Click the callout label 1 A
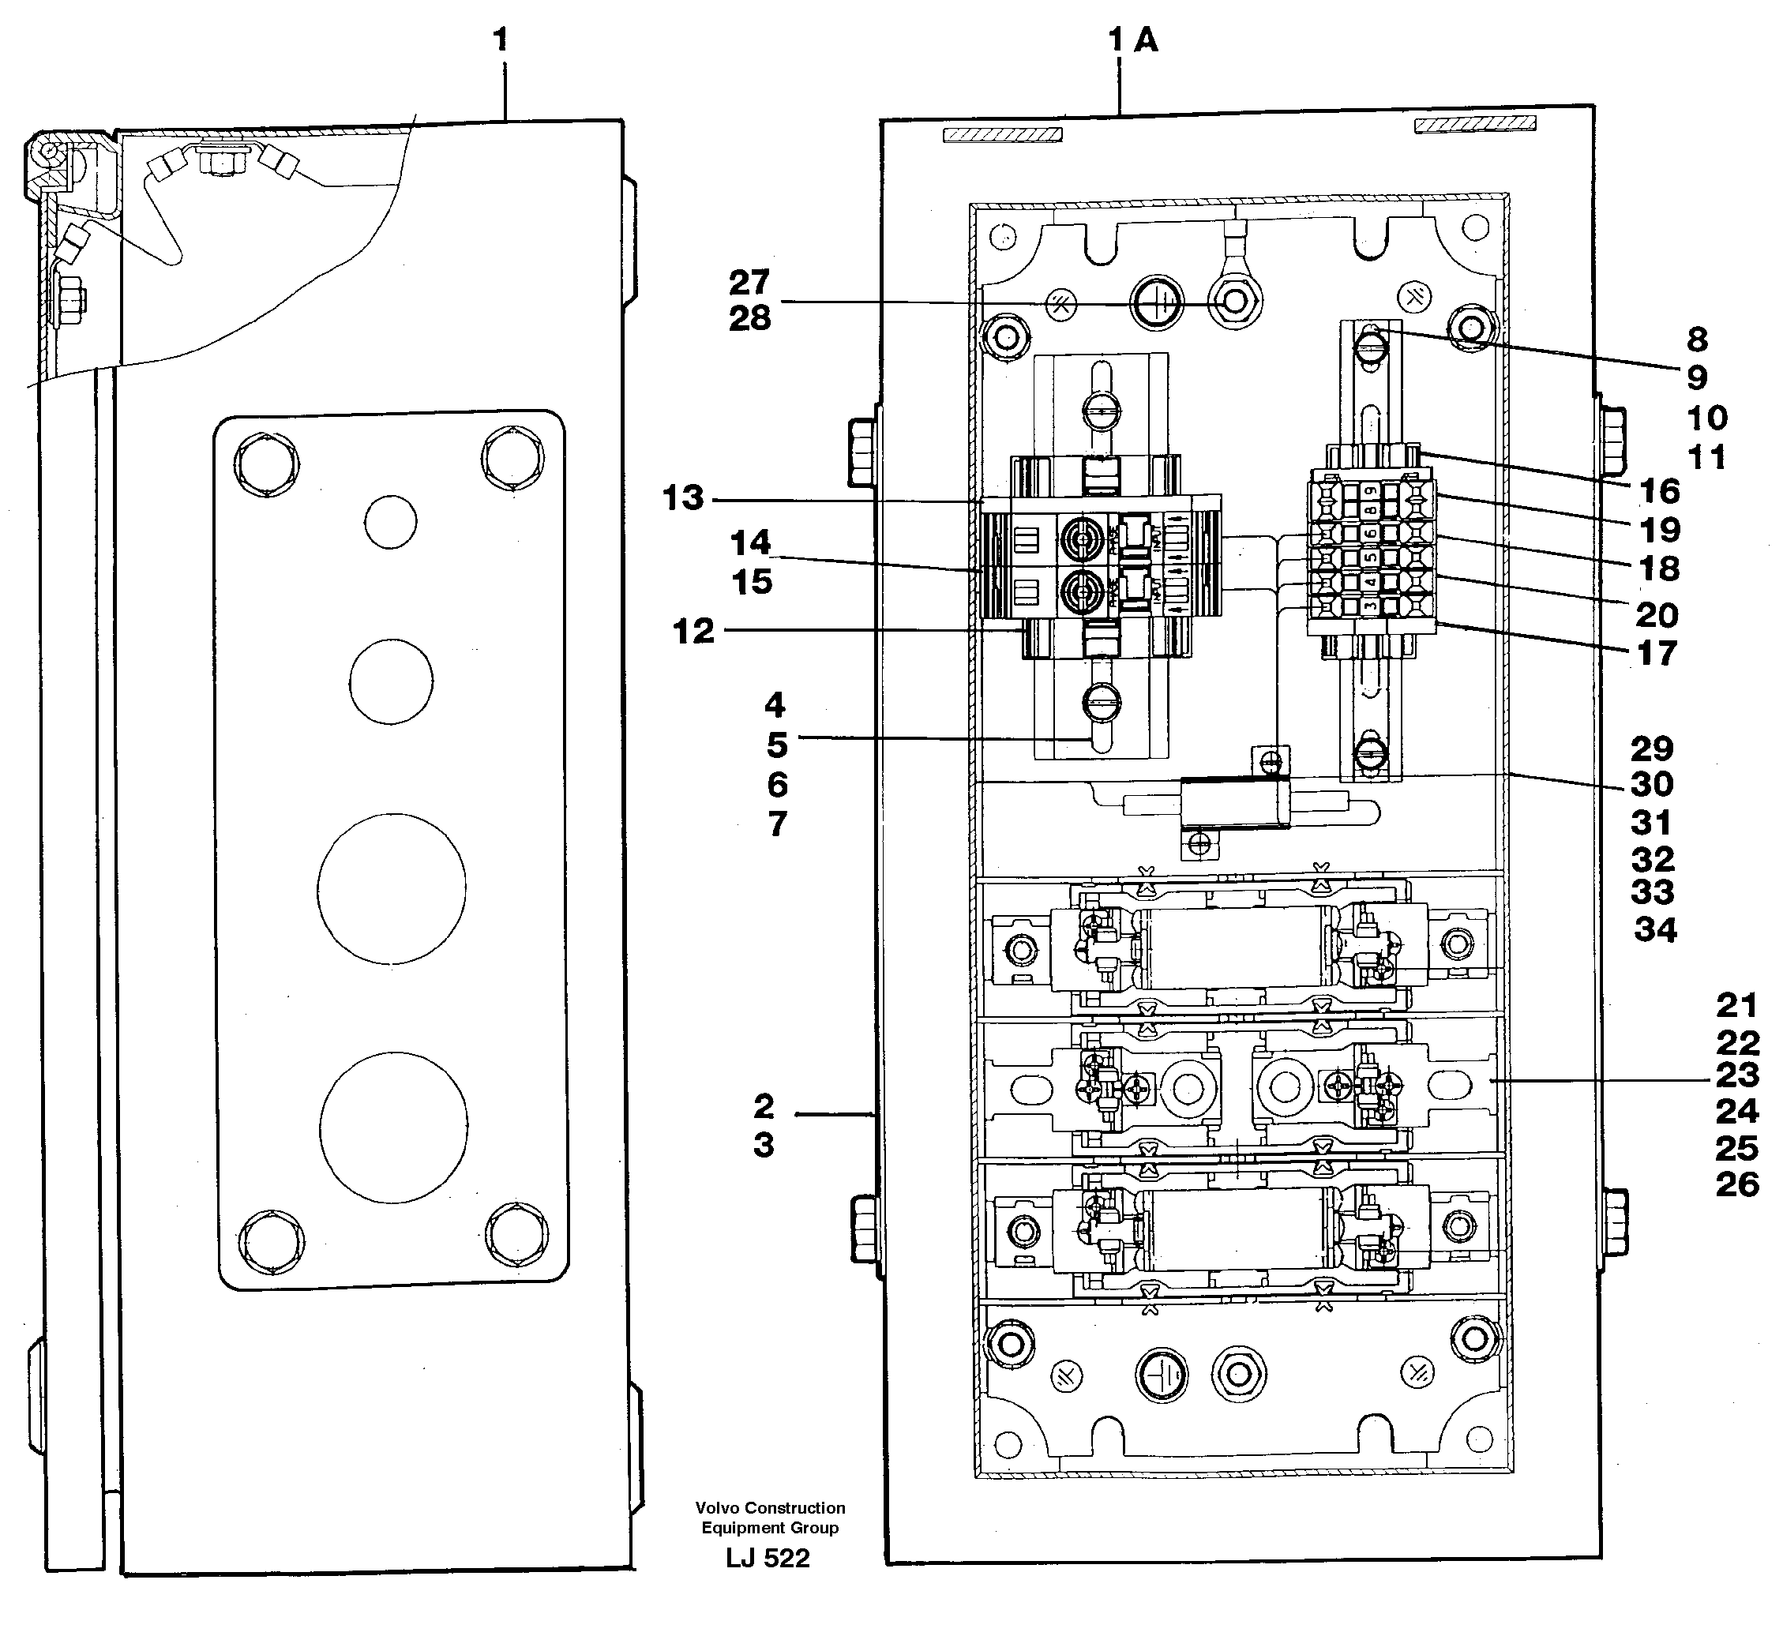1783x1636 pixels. (1132, 39)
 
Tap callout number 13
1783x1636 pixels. (682, 498)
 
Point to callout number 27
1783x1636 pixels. (749, 283)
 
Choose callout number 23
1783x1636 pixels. (1737, 1075)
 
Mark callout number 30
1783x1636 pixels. (1652, 784)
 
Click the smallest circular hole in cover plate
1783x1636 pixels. (390, 521)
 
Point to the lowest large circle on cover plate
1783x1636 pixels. (394, 1127)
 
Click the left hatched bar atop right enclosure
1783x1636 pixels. (1002, 134)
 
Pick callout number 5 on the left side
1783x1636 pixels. (776, 745)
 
